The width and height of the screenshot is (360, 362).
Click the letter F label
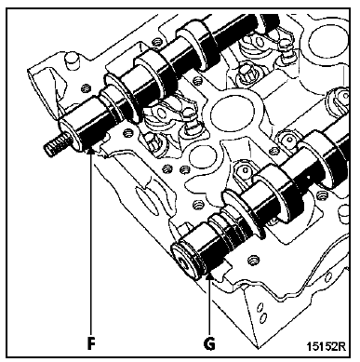91,341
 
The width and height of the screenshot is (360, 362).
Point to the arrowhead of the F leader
91,153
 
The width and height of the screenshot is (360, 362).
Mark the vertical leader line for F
91,242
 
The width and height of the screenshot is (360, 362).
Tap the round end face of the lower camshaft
187,258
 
